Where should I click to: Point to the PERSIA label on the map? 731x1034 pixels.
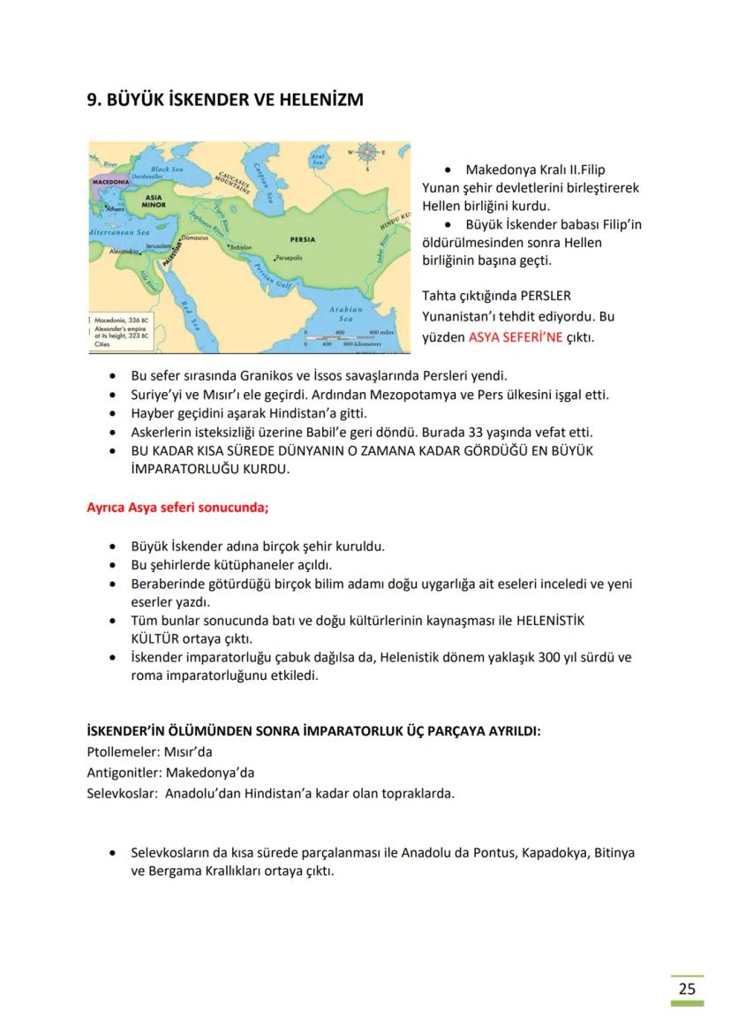[x=302, y=238]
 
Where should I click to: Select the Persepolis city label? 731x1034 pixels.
[x=290, y=259]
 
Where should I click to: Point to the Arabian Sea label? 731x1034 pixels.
[x=345, y=314]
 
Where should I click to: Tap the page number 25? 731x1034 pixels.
[x=687, y=988]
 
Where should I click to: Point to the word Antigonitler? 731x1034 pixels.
[x=123, y=773]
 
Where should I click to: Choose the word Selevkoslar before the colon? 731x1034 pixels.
[x=119, y=793]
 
